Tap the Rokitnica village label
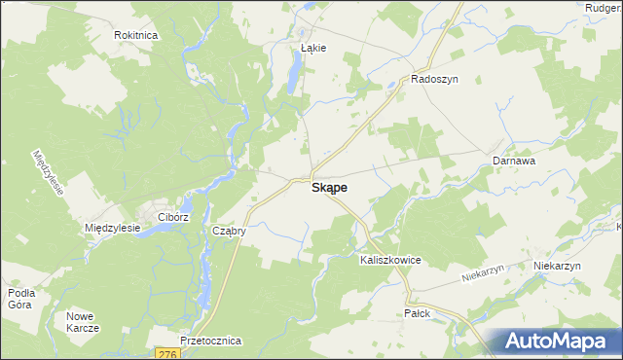[136, 34]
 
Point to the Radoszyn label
[434, 80]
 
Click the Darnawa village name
[514, 160]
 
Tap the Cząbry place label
[228, 232]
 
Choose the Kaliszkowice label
[389, 261]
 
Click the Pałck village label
[417, 313]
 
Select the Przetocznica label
[210, 342]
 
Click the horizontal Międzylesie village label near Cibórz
[114, 228]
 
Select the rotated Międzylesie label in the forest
[48, 173]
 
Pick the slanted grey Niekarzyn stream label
[486, 276]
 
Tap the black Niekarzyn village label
[557, 266]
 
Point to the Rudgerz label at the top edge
[604, 8]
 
